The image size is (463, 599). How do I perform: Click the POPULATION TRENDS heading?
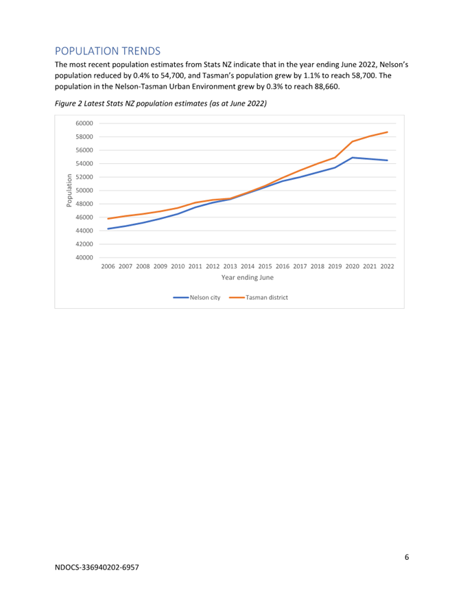107,51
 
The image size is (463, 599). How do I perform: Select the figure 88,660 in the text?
327,86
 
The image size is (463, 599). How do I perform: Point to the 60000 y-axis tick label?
84,124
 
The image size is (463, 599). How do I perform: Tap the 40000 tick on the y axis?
84,257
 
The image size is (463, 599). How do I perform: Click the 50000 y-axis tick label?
84,190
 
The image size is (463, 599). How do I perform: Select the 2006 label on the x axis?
108,266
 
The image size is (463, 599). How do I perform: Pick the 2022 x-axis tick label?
387,266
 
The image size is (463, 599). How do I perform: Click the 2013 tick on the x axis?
230,266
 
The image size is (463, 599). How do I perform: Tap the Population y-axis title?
69,190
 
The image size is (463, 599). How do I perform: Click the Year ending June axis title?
248,277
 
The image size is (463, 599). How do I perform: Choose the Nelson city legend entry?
197,298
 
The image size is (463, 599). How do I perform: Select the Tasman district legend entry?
259,298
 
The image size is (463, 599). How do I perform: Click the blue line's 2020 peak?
352,157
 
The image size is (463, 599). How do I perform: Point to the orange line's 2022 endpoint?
387,132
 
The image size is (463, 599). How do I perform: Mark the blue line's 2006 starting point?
108,228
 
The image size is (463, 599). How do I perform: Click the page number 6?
407,557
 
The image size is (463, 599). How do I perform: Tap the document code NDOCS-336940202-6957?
97,567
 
